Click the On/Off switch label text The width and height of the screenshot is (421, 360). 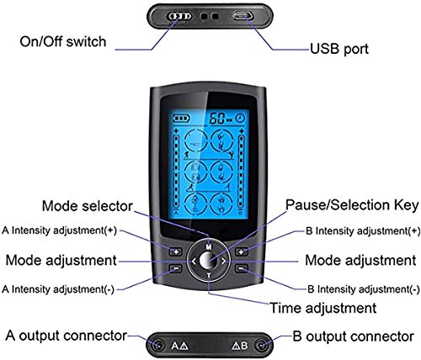pos(63,41)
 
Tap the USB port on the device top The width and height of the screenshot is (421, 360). pos(242,16)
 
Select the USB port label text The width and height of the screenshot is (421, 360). pos(339,49)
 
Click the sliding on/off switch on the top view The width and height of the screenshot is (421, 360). pos(179,16)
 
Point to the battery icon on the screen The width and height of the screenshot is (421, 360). pos(181,119)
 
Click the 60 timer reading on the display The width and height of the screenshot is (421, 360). pos(217,118)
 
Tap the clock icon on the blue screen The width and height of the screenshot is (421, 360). pos(240,118)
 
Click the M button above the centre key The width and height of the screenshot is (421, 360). pos(209,246)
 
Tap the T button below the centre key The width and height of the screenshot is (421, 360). pos(209,276)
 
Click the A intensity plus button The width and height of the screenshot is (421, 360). pos(176,251)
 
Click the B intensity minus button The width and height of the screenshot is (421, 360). pos(242,268)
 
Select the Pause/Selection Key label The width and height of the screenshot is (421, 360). pos(352,205)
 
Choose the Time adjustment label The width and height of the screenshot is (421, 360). pos(322,308)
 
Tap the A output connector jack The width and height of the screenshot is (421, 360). pos(158,345)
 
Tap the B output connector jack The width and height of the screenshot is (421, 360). pos(261,345)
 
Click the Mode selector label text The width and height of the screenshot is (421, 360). pos(88,206)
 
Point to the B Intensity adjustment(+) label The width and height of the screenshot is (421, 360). pos(363,231)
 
